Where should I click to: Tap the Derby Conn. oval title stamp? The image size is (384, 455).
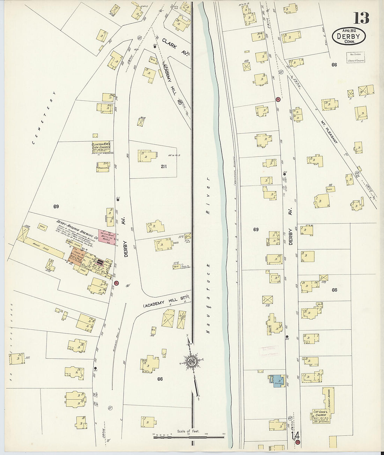(349, 36)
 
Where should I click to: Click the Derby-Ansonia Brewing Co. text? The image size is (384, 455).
(75, 228)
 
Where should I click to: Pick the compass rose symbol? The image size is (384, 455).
(191, 361)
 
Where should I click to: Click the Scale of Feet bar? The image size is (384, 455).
(189, 437)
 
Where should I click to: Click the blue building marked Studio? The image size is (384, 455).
(277, 380)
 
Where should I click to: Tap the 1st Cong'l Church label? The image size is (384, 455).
(320, 415)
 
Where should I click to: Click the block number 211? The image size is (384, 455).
(163, 167)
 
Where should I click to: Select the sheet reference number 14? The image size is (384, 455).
(295, 436)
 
